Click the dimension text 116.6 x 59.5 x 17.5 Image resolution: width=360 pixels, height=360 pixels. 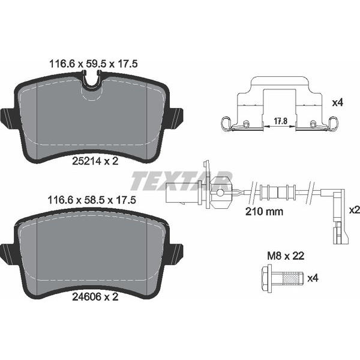pos(94,64)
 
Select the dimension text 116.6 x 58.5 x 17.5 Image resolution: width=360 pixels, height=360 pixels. pos(92,200)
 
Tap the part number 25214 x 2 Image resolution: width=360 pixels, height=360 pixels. pos(95,161)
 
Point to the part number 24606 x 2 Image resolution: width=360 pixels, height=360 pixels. pos(95,297)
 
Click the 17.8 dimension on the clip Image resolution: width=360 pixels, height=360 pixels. pos(281,121)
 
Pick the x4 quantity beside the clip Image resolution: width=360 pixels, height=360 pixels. pos(338,103)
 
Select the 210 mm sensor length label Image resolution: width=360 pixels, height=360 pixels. pos(264,211)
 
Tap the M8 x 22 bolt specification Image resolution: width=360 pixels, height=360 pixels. pos(286,256)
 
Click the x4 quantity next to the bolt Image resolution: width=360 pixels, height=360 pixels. pos(313,278)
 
